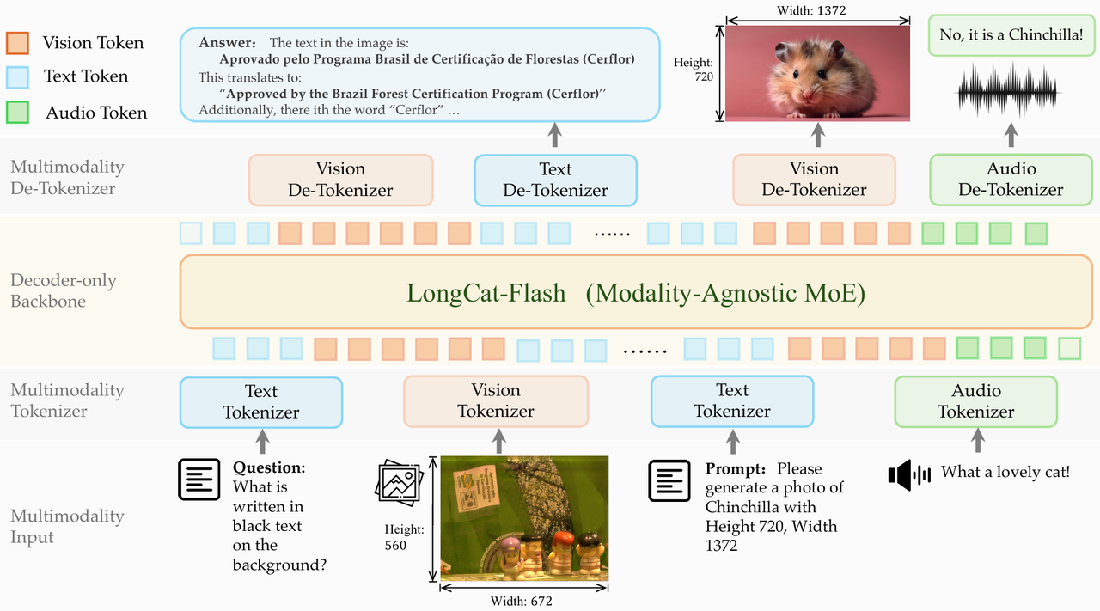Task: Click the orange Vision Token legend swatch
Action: pyautogui.click(x=17, y=43)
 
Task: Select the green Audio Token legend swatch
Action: pyautogui.click(x=17, y=112)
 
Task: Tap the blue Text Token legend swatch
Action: pyautogui.click(x=17, y=77)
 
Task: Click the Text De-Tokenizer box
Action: pyautogui.click(x=555, y=180)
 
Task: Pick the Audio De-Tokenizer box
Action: pyautogui.click(x=1011, y=180)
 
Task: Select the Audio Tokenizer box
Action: pyautogui.click(x=975, y=401)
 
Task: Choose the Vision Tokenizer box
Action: pyautogui.click(x=496, y=400)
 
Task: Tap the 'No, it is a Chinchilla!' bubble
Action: pyautogui.click(x=1011, y=35)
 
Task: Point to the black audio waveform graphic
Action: pyautogui.click(x=1008, y=91)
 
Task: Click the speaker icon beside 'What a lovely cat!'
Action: pyautogui.click(x=909, y=474)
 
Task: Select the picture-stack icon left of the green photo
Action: pyautogui.click(x=400, y=483)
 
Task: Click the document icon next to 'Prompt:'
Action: pyautogui.click(x=669, y=480)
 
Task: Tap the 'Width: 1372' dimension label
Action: pyautogui.click(x=811, y=10)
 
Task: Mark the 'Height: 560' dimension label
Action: pyautogui.click(x=404, y=537)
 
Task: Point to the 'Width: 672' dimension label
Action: pyautogui.click(x=522, y=601)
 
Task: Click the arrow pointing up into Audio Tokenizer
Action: pyautogui.click(x=978, y=440)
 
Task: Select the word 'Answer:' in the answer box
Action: pyautogui.click(x=228, y=43)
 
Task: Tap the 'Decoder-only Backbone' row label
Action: pyautogui.click(x=64, y=290)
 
